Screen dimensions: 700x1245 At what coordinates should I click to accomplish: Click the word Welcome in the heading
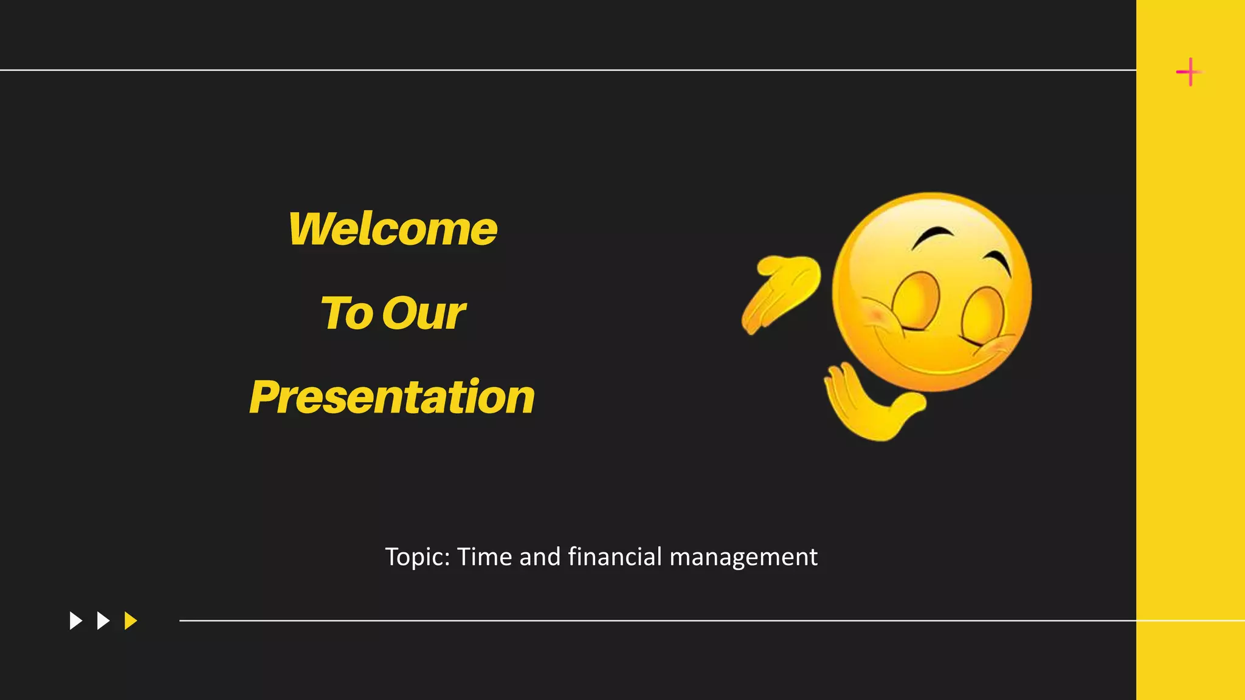click(393, 229)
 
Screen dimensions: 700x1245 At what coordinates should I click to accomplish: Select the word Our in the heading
click(424, 314)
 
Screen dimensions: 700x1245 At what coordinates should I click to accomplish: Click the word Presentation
click(392, 397)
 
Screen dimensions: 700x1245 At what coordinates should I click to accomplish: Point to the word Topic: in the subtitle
click(417, 557)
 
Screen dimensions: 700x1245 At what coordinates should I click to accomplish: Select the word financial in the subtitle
click(615, 557)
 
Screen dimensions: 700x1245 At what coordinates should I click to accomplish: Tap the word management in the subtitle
click(743, 557)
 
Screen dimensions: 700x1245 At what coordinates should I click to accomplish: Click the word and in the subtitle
click(540, 557)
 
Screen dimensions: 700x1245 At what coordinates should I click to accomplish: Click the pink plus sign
click(1188, 72)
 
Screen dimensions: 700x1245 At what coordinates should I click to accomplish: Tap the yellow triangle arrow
click(130, 620)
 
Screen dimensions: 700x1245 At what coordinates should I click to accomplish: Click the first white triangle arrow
click(75, 620)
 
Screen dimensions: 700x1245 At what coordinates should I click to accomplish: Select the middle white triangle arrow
click(103, 620)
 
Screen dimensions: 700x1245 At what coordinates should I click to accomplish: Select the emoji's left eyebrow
click(933, 235)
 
